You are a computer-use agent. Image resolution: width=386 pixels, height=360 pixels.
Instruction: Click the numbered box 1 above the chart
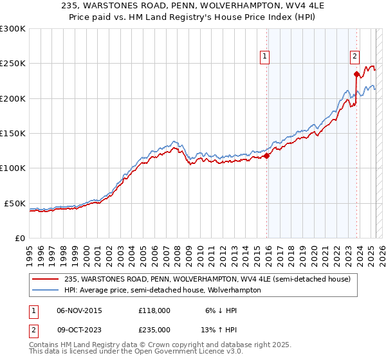[265, 57]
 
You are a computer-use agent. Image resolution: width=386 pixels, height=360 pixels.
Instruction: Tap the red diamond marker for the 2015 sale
[266, 156]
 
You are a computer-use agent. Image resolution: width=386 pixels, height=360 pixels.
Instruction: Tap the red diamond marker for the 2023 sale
[356, 74]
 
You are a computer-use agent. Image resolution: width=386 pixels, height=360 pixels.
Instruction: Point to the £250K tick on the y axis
[12, 64]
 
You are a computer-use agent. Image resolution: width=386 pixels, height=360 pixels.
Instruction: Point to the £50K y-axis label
[15, 203]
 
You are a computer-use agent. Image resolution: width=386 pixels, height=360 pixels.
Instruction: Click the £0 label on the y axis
[20, 238]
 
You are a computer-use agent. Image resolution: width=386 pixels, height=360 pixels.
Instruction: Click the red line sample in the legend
[46, 279]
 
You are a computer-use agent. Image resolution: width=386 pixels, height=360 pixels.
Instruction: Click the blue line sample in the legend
[46, 291]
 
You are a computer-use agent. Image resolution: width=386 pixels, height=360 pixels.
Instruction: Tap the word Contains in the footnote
[44, 345]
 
